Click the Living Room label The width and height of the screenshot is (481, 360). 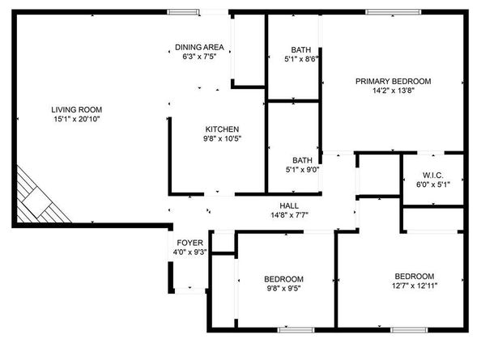coord(77,109)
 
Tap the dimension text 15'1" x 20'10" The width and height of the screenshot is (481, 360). coord(77,119)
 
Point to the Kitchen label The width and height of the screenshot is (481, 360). coord(222,129)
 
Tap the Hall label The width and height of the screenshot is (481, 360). coord(289,205)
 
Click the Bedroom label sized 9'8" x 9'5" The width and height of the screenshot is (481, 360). coord(284,278)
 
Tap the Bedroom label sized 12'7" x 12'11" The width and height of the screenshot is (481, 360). coord(415,276)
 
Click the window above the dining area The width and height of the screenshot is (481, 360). coord(184,11)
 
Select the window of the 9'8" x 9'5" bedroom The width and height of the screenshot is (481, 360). coord(296,329)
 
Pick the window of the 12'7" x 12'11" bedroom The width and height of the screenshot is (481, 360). coord(409,329)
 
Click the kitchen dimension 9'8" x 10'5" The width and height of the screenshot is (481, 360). coord(222,139)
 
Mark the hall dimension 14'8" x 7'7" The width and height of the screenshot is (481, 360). coord(289,215)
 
